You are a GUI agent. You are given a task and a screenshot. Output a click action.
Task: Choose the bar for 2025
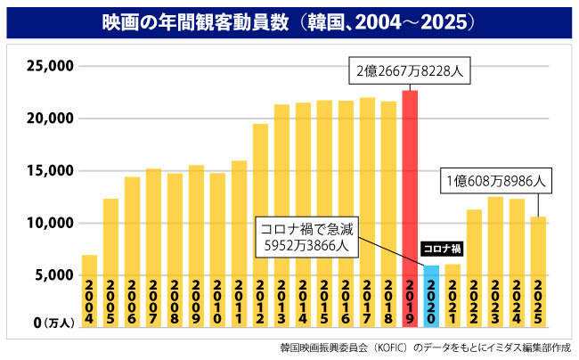click(x=538, y=272)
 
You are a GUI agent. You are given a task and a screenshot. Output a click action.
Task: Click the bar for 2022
click(x=474, y=268)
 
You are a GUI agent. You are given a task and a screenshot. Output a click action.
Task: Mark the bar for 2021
click(x=453, y=295)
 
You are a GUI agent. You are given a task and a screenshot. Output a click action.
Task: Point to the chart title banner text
click(x=289, y=19)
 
